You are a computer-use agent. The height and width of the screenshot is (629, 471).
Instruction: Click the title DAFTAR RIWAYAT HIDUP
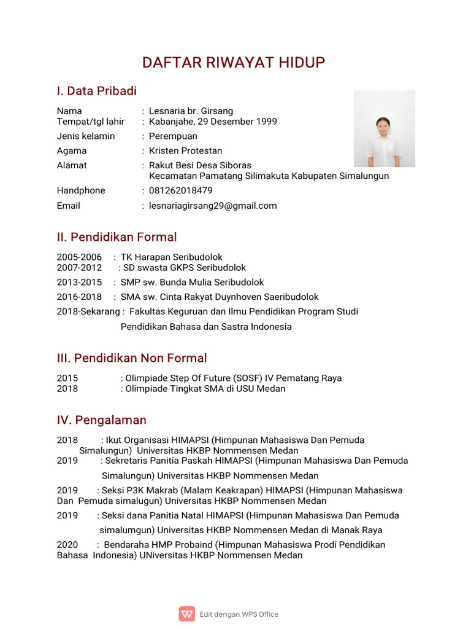pos(234,63)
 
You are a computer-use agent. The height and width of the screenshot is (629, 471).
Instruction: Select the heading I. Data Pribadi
pos(96,92)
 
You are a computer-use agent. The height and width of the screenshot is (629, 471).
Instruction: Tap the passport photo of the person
pos(385,129)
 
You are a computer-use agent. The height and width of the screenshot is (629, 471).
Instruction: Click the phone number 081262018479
pos(181,190)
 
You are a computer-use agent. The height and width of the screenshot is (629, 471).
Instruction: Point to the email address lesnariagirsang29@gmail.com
pos(213,206)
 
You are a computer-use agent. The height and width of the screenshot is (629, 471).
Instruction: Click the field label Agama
pos(72,150)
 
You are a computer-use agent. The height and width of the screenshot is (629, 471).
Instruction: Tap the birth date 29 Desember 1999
pos(237,122)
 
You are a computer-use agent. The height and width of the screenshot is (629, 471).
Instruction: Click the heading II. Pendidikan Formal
pos(117,237)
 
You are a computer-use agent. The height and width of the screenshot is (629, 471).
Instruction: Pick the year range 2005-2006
pos(79,257)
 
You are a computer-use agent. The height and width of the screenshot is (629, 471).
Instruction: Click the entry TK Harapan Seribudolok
pos(172,257)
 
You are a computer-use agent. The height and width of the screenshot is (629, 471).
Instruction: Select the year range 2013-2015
pos(79,283)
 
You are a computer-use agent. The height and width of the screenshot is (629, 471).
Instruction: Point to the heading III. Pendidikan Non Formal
pos(132,358)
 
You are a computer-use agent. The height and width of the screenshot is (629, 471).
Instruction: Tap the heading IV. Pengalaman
pos(101,420)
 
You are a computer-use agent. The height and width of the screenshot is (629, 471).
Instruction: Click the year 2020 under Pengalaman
pos(67,545)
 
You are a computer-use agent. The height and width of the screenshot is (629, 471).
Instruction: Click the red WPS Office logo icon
pos(187,614)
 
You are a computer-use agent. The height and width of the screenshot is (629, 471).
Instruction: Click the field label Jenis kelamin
pos(86,136)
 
